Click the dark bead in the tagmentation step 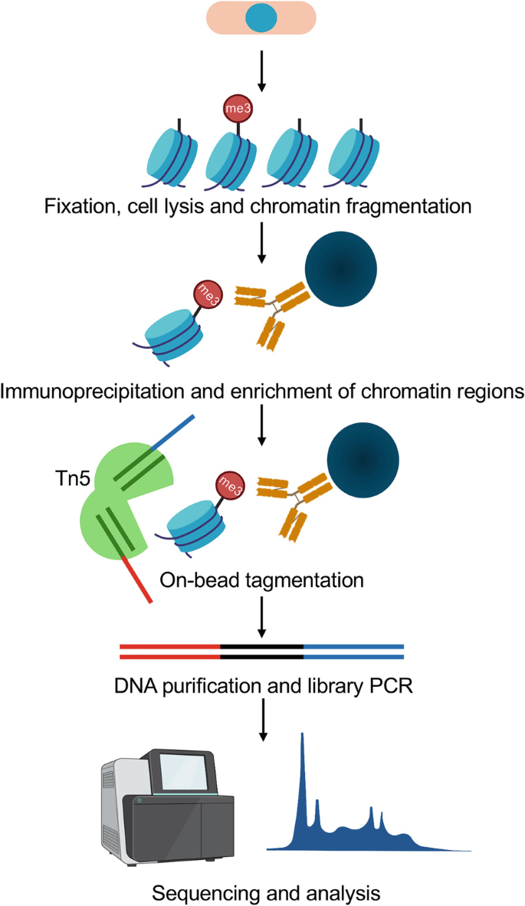pos(363,458)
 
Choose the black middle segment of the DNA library pos(262,652)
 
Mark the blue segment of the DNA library pos(353,652)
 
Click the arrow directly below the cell pos(262,69)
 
